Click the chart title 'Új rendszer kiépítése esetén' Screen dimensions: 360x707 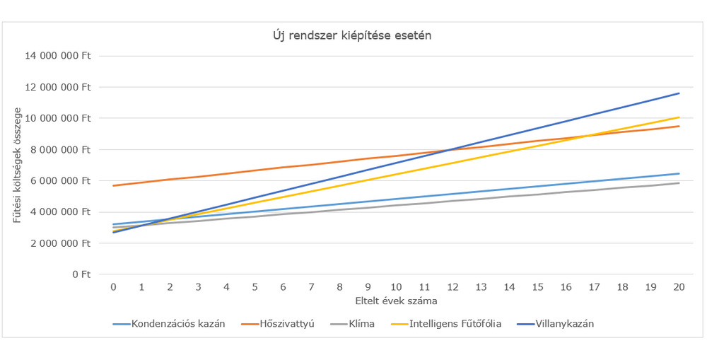(x=353, y=36)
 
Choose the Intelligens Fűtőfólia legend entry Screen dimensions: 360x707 (x=455, y=323)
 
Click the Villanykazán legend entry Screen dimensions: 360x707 (x=563, y=323)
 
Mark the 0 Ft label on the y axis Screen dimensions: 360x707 (x=81, y=274)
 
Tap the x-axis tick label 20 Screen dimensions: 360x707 (x=679, y=288)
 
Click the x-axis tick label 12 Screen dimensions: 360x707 (x=452, y=288)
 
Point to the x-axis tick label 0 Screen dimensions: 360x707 (x=113, y=288)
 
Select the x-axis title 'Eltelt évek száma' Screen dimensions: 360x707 (x=396, y=301)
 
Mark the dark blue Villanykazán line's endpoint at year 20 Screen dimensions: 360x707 (x=679, y=93)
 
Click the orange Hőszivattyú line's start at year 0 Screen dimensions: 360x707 (x=113, y=185)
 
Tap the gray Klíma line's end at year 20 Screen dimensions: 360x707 (x=679, y=183)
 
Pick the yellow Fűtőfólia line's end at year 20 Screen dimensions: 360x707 (x=679, y=117)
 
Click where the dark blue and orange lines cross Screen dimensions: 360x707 (x=450, y=150)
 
